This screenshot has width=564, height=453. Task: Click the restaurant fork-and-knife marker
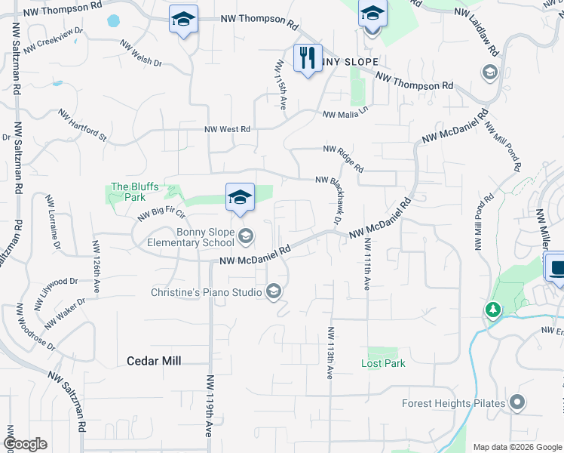307,59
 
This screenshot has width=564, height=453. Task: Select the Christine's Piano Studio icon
273,291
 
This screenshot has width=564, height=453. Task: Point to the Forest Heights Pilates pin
516,403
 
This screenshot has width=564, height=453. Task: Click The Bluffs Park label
127,192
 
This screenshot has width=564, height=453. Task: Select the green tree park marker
492,310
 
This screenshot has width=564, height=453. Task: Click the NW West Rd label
227,129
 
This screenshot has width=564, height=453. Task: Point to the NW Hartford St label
83,125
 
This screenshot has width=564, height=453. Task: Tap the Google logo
25,444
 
